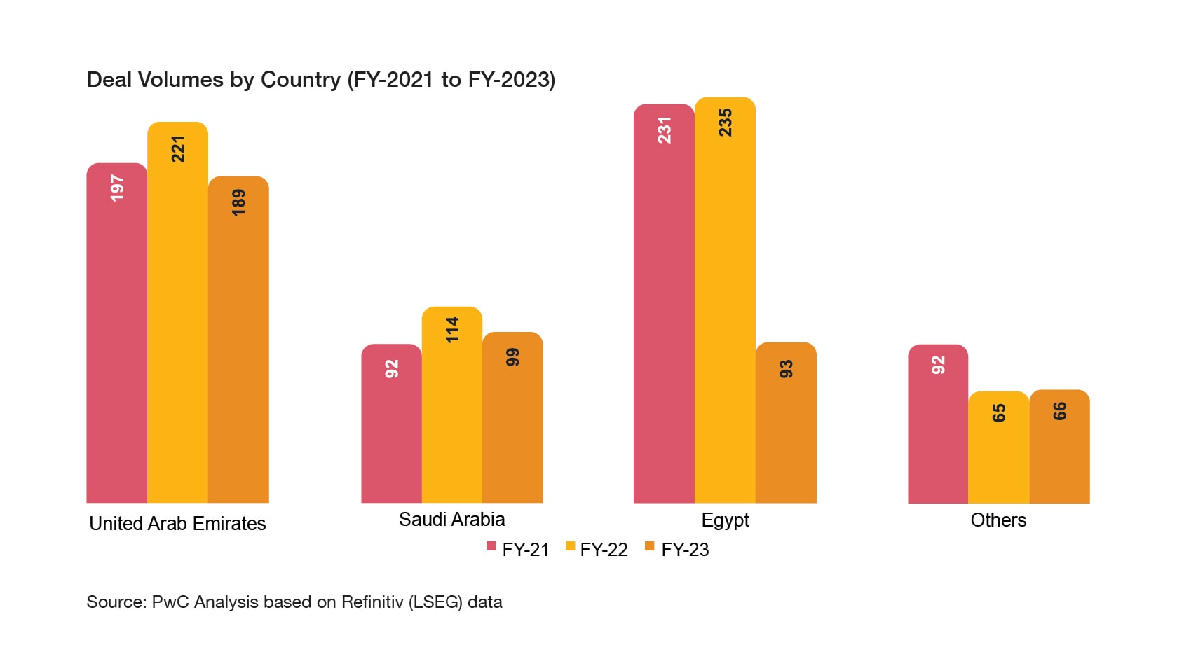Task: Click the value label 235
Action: pyautogui.click(x=725, y=123)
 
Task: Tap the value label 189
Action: pyautogui.click(x=238, y=202)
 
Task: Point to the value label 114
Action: pyautogui.click(x=452, y=329)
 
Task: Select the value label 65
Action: pyautogui.click(x=999, y=413)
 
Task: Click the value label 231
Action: pyautogui.click(x=664, y=130)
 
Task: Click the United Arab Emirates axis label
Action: pyautogui.click(x=177, y=524)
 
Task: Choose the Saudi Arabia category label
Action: pyautogui.click(x=451, y=520)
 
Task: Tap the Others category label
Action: pyautogui.click(x=998, y=520)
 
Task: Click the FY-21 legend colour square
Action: pyautogui.click(x=491, y=546)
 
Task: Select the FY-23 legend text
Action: pyautogui.click(x=685, y=550)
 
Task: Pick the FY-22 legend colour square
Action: pyautogui.click(x=570, y=546)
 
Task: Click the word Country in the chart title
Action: pyautogui.click(x=300, y=80)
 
